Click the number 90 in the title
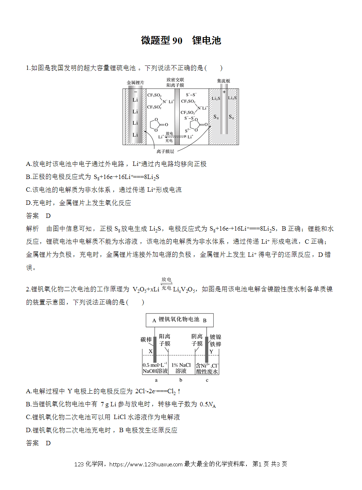(178, 41)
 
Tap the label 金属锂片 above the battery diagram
(136, 83)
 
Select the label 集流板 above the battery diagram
(223, 81)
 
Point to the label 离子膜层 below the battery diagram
(165, 151)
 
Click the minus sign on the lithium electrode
(135, 92)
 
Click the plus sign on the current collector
(224, 92)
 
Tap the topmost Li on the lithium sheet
(135, 100)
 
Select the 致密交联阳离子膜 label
(175, 83)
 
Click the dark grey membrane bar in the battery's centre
(177, 117)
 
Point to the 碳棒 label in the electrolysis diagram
(146, 339)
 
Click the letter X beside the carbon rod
(151, 351)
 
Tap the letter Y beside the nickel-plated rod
(211, 351)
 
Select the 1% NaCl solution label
(181, 368)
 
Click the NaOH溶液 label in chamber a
(155, 371)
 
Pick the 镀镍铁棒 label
(215, 340)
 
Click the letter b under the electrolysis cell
(181, 380)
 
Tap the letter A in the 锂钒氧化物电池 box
(154, 320)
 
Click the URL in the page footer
(146, 463)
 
